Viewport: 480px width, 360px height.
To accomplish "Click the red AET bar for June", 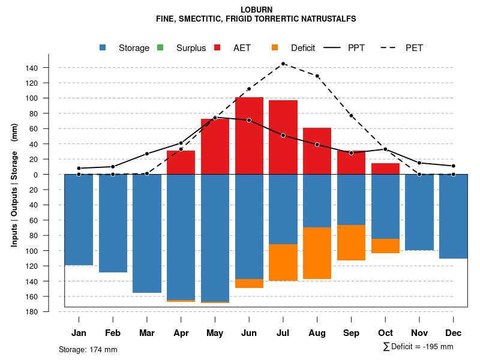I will pyautogui.click(x=249, y=136).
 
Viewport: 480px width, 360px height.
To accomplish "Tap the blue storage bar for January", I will pyautogui.click(x=79, y=220).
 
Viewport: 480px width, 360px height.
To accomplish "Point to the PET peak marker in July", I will pyautogui.click(x=283, y=64).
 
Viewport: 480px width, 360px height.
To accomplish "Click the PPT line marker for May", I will pyautogui.click(x=215, y=118).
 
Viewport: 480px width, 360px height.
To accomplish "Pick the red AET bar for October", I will pyautogui.click(x=386, y=169).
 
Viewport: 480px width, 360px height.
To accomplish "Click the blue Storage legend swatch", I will pyautogui.click(x=103, y=48).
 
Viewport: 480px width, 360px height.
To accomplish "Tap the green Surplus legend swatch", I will pyautogui.click(x=160, y=48).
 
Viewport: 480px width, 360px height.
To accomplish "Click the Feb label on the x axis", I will pyautogui.click(x=113, y=333).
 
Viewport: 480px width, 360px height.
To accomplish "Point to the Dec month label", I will pyautogui.click(x=454, y=333).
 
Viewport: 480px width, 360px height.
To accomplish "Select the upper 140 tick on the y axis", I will pyautogui.click(x=32, y=68).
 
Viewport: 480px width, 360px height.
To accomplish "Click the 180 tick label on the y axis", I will pyautogui.click(x=32, y=312).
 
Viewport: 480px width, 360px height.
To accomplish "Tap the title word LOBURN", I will pyautogui.click(x=256, y=10).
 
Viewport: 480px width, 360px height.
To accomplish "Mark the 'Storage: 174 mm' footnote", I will pyautogui.click(x=88, y=349).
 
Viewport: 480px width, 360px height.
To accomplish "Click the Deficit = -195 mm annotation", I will pyautogui.click(x=418, y=347).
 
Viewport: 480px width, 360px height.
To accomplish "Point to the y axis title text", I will pyautogui.click(x=14, y=185).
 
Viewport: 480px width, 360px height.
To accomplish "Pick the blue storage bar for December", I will pyautogui.click(x=454, y=217).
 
